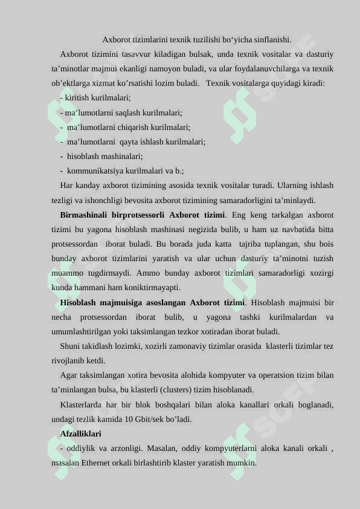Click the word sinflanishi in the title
tap(270, 41)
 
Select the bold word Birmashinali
tap(84, 215)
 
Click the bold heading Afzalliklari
tap(81, 434)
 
